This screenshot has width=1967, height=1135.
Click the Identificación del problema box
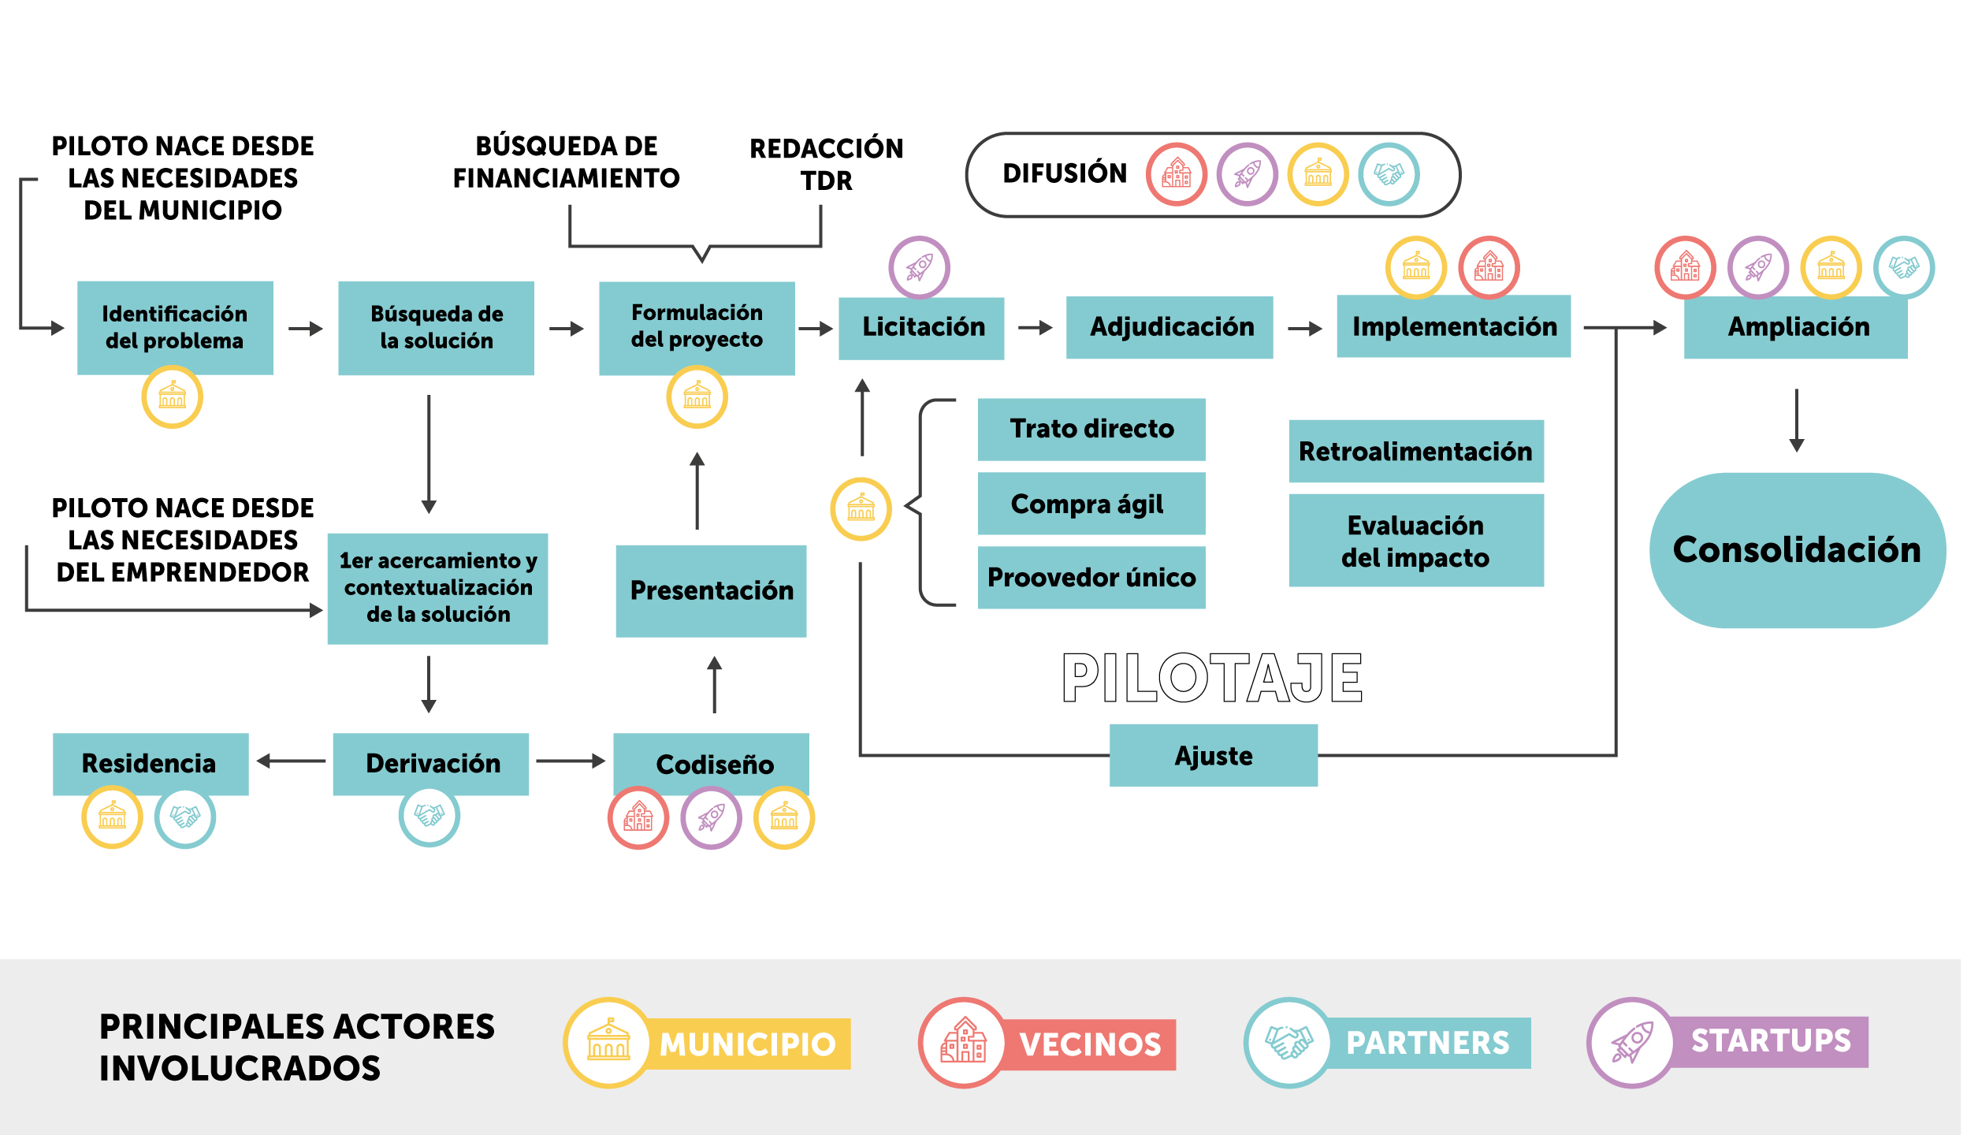[x=175, y=327]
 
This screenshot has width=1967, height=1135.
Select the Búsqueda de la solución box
[x=436, y=327]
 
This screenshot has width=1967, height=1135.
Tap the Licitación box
[x=921, y=327]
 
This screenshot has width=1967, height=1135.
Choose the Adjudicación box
[x=1169, y=327]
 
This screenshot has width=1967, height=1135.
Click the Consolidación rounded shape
[x=1797, y=550]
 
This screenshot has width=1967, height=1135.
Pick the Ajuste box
[x=1214, y=755]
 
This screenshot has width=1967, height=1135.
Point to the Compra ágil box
[x=1091, y=504]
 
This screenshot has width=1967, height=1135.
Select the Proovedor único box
[x=1091, y=577]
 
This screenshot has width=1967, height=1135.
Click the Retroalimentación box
[x=1416, y=451]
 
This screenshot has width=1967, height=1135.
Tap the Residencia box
[x=151, y=763]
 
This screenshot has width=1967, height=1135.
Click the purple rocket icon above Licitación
[x=919, y=267]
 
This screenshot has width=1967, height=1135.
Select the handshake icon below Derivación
[x=429, y=815]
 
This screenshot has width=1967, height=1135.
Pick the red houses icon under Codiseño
[x=638, y=817]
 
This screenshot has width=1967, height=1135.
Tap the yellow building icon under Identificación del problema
[x=172, y=396]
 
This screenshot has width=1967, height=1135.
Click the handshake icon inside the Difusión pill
[x=1389, y=174]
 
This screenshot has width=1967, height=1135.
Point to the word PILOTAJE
[x=1212, y=678]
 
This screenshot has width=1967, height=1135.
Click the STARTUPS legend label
[x=1770, y=1041]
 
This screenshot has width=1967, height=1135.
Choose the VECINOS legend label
[x=1090, y=1044]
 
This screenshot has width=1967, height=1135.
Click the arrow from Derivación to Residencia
[x=291, y=761]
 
